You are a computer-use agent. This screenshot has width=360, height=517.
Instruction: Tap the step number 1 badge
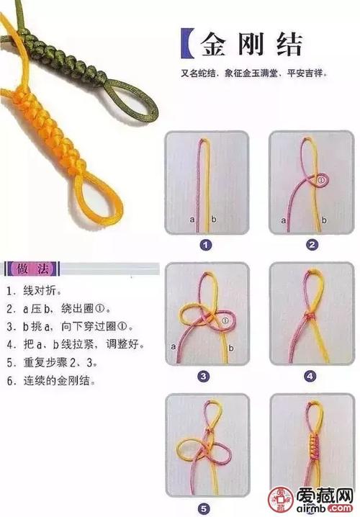[x=205, y=245]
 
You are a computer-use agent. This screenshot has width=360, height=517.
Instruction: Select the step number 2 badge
[x=312, y=245]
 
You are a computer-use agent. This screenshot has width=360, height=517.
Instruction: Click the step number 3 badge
[x=204, y=376]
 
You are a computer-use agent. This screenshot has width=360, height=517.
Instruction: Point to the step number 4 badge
[x=310, y=376]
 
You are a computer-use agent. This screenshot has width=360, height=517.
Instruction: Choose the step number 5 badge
[x=204, y=507]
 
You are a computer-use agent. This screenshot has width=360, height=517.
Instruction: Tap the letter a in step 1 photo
[x=192, y=217]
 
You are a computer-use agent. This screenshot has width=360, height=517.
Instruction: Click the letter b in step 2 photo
[x=323, y=218]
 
